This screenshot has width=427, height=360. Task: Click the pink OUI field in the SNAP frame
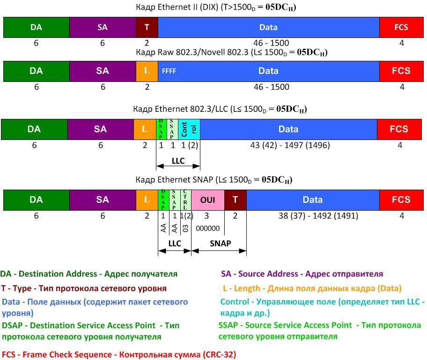[x=208, y=200]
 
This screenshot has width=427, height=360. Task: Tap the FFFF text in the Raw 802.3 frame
[x=169, y=71]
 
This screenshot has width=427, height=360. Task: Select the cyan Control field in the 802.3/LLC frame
[x=189, y=129]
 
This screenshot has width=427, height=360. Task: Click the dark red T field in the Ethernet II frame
[x=147, y=27]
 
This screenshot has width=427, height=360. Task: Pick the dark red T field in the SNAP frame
[x=236, y=200]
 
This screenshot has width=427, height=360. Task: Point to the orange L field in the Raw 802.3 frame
[x=147, y=71]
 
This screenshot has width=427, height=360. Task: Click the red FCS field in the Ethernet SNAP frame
[x=401, y=200]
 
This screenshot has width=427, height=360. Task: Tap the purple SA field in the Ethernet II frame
[x=103, y=27]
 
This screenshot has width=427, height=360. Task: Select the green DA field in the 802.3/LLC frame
[x=34, y=129]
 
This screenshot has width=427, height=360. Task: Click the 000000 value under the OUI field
[x=207, y=228]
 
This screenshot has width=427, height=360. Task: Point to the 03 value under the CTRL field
[x=185, y=228]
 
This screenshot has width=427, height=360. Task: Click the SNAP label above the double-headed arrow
[x=220, y=243]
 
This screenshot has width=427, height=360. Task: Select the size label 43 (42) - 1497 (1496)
[x=290, y=145]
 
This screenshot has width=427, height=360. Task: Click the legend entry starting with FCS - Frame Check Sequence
[x=119, y=354]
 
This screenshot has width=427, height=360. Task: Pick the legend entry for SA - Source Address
[x=302, y=274]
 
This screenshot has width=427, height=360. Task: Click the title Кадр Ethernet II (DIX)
[x=215, y=7]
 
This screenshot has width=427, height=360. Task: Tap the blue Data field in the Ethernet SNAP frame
[x=313, y=200]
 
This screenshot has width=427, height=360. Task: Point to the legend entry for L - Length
[x=312, y=288]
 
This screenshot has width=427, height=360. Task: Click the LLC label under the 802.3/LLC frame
[x=178, y=161]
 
